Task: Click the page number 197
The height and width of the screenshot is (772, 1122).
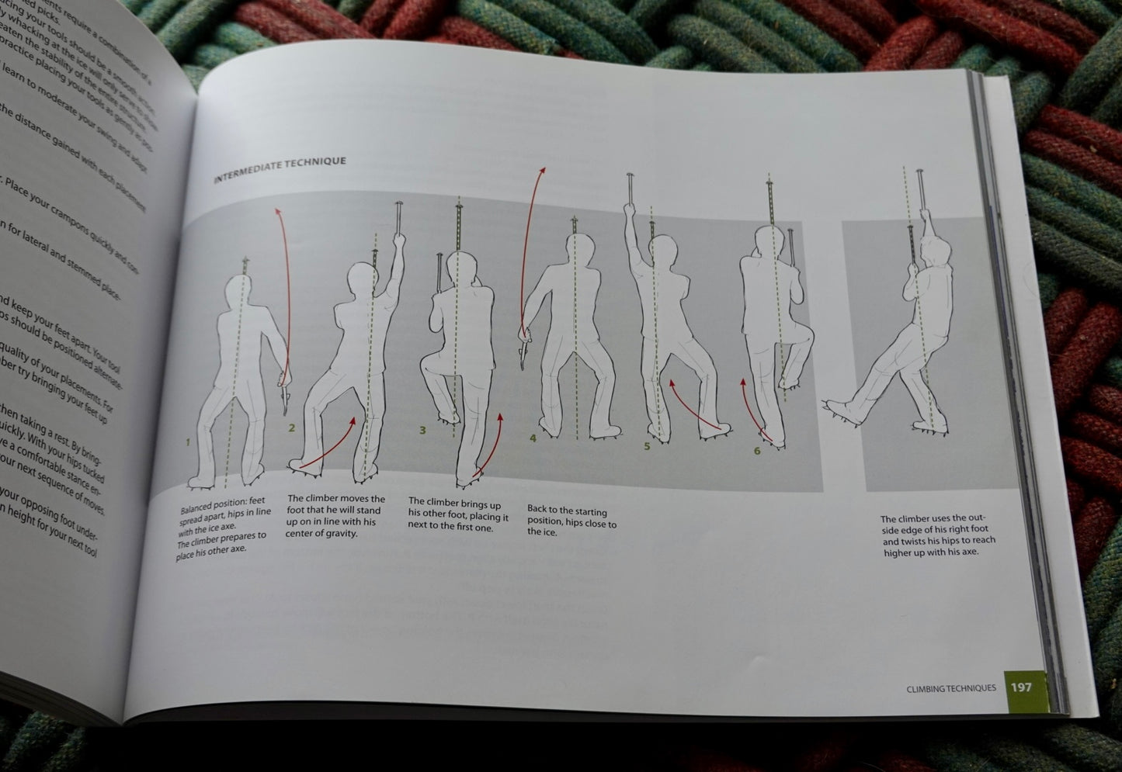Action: pos(1021,687)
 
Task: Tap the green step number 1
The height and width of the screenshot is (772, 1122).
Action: pos(188,442)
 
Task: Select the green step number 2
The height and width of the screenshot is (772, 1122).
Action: pos(291,428)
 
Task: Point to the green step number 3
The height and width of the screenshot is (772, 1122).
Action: pos(422,430)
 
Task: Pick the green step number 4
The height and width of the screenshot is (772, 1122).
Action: pos(533,438)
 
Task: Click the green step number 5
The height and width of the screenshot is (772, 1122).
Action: pos(646,446)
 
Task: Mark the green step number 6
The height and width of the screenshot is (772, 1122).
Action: pos(757,451)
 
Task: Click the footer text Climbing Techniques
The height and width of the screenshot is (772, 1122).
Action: pos(950,687)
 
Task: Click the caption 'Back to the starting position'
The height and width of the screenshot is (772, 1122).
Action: pos(571,521)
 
